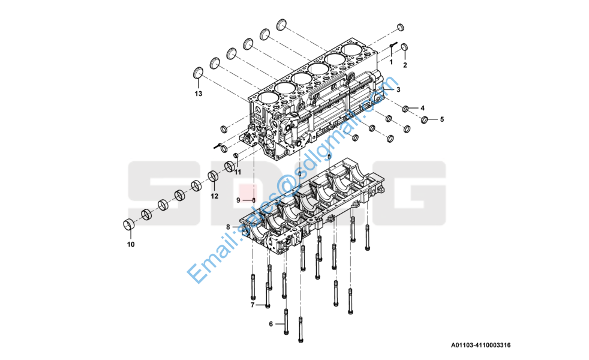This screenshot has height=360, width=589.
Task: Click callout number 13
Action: tap(199, 94)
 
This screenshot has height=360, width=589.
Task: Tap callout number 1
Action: tap(390, 62)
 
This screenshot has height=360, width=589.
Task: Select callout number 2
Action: tap(405, 65)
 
